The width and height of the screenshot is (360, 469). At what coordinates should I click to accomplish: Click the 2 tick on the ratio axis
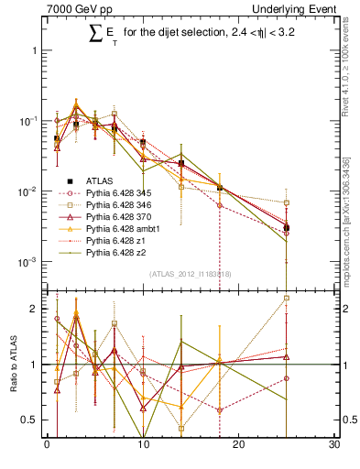pyautogui.click(x=34, y=309)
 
